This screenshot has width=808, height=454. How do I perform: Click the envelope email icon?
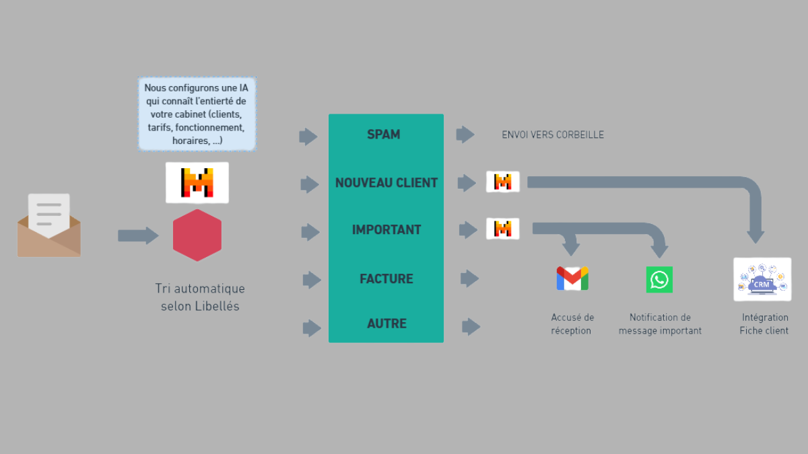pyautogui.click(x=48, y=225)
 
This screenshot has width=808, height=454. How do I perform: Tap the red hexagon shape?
pyautogui.click(x=197, y=235)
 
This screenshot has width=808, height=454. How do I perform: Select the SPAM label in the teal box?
pyautogui.click(x=384, y=135)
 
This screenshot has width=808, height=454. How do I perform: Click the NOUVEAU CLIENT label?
pyautogui.click(x=386, y=183)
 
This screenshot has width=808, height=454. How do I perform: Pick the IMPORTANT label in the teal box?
pyautogui.click(x=386, y=230)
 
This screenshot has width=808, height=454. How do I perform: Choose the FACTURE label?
pyautogui.click(x=386, y=278)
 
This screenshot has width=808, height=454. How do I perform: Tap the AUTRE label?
pyautogui.click(x=386, y=324)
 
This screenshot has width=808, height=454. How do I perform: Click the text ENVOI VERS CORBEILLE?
pyautogui.click(x=553, y=135)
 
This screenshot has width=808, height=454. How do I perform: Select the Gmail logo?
pyautogui.click(x=572, y=278)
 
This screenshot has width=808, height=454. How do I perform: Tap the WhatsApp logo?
pyautogui.click(x=659, y=279)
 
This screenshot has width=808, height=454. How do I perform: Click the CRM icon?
pyautogui.click(x=762, y=279)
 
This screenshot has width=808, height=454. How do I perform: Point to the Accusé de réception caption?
pyautogui.click(x=572, y=324)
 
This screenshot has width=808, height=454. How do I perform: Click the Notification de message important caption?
pyautogui.click(x=660, y=324)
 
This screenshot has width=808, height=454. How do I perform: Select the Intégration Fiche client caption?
pyautogui.click(x=764, y=324)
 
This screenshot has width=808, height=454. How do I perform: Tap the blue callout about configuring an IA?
pyautogui.click(x=197, y=114)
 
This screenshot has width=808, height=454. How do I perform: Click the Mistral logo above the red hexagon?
pyautogui.click(x=197, y=182)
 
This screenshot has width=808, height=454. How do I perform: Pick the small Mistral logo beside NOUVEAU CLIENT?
pyautogui.click(x=503, y=182)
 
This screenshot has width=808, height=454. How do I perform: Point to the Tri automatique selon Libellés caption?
pyautogui.click(x=200, y=297)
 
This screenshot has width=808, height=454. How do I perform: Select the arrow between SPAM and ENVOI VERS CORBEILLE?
pyautogui.click(x=465, y=135)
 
